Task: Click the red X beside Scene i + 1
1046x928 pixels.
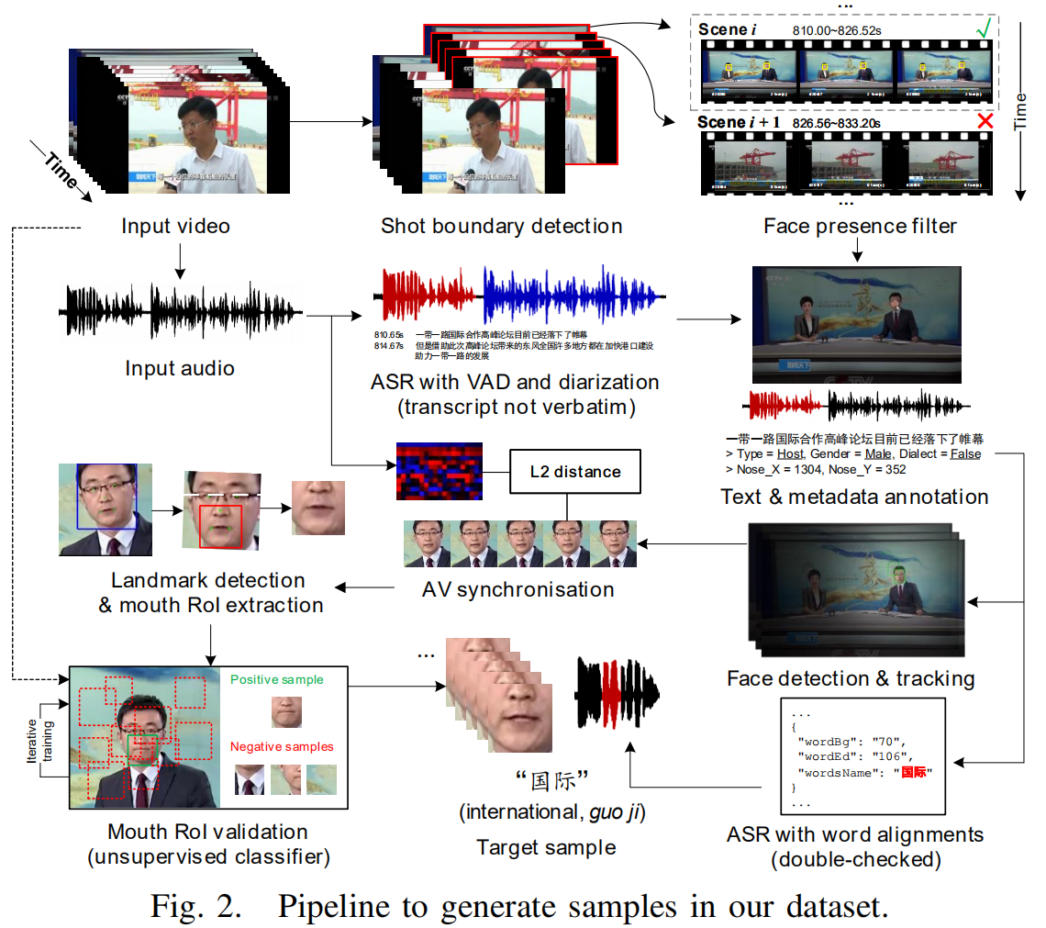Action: (985, 123)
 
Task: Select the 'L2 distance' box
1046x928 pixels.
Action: (574, 472)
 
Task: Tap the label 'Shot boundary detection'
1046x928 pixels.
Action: (501, 226)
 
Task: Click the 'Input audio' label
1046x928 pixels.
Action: (180, 368)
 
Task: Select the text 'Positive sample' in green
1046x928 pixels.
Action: (276, 680)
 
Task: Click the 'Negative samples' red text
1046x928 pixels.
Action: (282, 746)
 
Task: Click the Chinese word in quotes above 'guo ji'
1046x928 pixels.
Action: (551, 782)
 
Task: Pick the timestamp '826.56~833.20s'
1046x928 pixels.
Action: (837, 122)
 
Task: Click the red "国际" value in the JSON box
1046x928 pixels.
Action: (914, 773)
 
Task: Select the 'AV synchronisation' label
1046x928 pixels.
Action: (518, 588)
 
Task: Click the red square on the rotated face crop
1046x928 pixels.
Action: (220, 526)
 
